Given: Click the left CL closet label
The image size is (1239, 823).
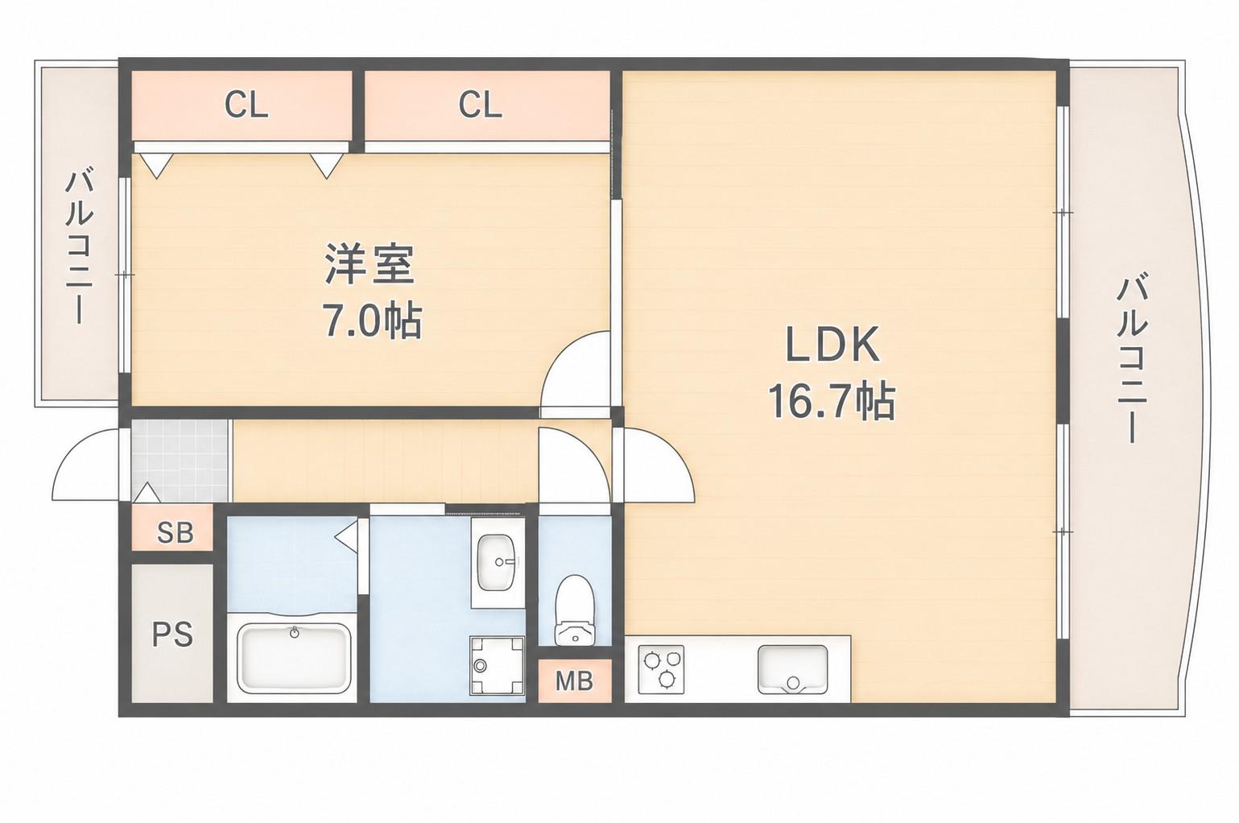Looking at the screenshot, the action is point(246,105).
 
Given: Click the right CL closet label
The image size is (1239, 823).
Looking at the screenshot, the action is point(480,105).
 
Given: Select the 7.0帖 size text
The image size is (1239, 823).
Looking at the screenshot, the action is point(372,321).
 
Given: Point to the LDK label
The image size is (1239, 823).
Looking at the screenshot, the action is point(832,344).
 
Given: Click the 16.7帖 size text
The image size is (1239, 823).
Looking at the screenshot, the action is point(831,402).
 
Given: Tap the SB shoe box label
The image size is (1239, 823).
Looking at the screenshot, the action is point(175,532).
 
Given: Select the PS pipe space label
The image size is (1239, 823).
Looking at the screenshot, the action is point(172,635).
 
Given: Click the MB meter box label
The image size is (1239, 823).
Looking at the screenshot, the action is point(574,680).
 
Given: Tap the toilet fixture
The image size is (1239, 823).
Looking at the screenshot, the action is point(575,610).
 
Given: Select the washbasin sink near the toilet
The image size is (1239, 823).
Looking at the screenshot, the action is point(497,563).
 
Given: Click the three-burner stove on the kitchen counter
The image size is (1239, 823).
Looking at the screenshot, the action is point(661,668).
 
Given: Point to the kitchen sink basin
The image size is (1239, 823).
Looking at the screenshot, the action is point(793,668).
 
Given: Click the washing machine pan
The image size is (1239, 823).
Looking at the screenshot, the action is point(497,665).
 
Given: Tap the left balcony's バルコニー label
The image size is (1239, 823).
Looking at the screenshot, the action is point(78,247).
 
